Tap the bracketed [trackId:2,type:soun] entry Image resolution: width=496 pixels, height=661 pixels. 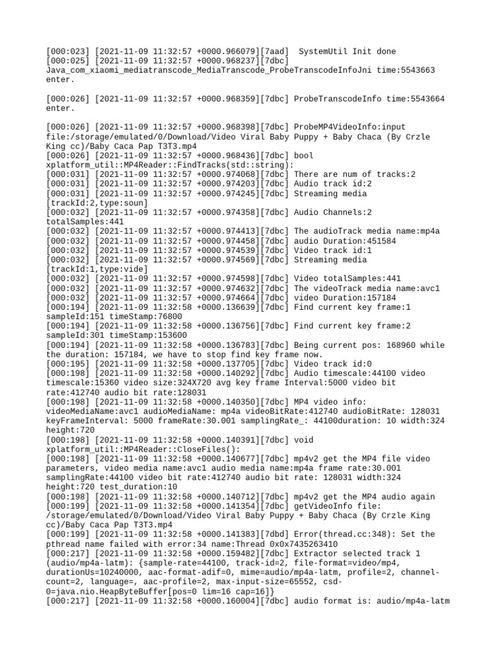[98, 203]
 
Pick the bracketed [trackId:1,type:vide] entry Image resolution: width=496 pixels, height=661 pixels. [98, 269]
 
